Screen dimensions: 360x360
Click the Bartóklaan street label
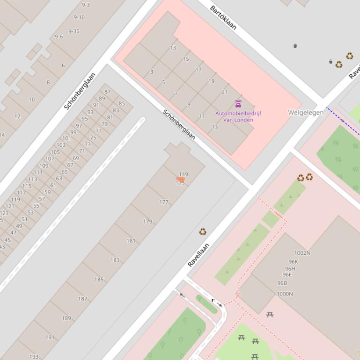coord(223,18)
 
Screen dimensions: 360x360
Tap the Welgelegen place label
coord(305,113)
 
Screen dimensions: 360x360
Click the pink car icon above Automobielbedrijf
coord(238,104)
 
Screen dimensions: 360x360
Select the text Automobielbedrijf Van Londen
coord(238,116)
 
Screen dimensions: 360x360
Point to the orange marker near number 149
coord(180,180)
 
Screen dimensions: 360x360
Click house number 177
coord(163,202)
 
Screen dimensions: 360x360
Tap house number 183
coord(115,260)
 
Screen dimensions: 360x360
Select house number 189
coord(66,318)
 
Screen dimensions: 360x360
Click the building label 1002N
coord(302,253)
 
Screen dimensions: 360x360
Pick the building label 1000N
coord(285,294)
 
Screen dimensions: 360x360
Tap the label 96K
coord(293,262)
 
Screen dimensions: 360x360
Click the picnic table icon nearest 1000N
coord(270,315)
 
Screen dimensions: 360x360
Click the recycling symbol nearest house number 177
coord(203,231)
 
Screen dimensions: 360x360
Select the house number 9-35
coord(73,31)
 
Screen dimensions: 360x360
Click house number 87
coord(108,92)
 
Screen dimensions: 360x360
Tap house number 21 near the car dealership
coord(225,92)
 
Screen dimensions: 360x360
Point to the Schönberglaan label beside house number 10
coord(80,91)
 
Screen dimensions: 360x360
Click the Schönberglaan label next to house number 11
coord(179,124)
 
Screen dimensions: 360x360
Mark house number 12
coord(17,116)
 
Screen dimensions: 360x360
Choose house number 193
coord(34,356)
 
